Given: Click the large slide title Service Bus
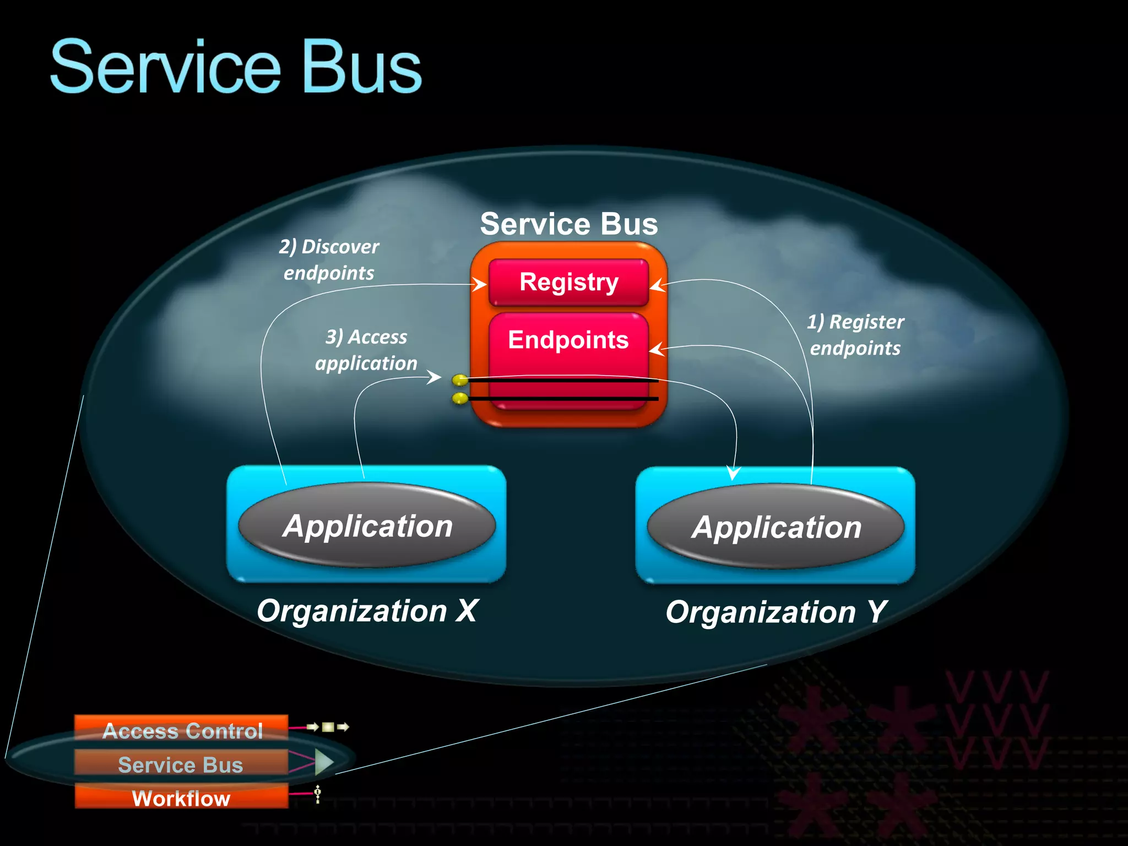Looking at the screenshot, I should point(236,67).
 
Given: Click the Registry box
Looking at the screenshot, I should point(568,282).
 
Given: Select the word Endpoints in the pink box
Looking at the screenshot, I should point(568,340).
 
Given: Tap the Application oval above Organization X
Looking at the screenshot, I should point(367,525).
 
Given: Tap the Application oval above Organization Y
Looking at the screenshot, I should point(775,527).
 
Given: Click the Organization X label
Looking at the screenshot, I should point(367,611).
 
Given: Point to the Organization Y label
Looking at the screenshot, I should point(775,612).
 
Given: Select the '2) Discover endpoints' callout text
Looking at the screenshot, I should point(329,259).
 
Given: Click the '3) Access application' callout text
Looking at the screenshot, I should point(366,350).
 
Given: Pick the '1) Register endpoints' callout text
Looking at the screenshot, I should point(855,335).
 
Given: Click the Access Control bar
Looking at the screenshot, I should point(182,730).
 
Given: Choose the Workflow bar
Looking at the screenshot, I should point(182,798).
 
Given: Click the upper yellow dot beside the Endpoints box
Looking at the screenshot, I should point(459,380).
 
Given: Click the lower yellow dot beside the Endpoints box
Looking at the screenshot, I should point(459,398).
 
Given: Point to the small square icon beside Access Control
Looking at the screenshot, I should point(328,727).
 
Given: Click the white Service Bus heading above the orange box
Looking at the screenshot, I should point(569,224).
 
